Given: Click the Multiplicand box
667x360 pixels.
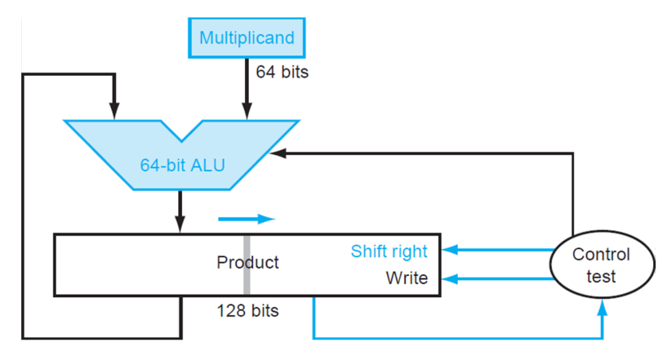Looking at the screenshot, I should [x=247, y=38].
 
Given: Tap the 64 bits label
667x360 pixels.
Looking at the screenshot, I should [x=282, y=72].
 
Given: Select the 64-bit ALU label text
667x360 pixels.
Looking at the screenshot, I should [x=182, y=166].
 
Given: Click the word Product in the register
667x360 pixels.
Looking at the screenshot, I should [x=247, y=263].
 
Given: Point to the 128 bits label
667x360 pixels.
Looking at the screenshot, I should [x=247, y=311].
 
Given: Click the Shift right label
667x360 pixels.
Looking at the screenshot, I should [x=389, y=251].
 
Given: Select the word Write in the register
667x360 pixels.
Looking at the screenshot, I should [x=407, y=278].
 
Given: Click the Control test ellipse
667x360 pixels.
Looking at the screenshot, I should [x=601, y=265].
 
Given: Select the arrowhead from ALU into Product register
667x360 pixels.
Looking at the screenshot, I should [x=180, y=225].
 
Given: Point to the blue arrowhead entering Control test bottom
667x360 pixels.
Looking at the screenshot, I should [x=602, y=306].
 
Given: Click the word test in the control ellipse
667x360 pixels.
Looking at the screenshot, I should [x=601, y=277].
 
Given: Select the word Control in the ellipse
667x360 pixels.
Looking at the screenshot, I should [x=601, y=255].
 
